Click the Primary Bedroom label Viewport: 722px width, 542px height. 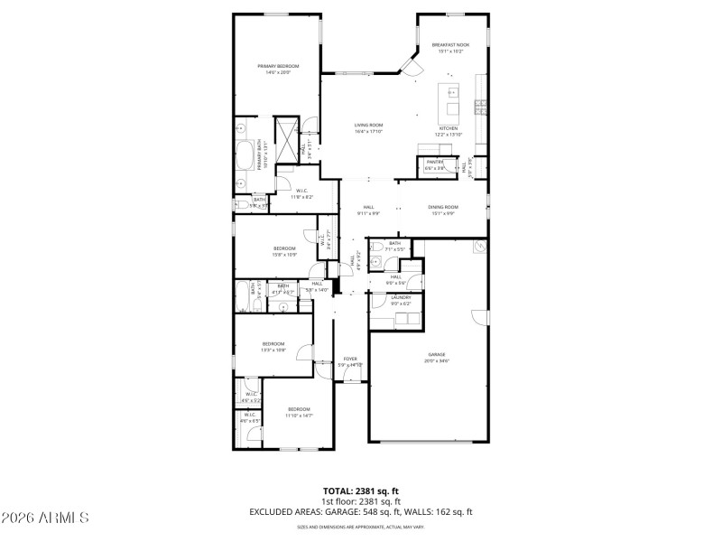pos(277,66)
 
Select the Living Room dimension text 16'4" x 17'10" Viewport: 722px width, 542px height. pos(368,132)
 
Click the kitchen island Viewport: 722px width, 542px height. pos(449,104)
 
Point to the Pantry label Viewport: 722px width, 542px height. pos(435,162)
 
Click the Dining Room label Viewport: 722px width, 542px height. pos(443,207)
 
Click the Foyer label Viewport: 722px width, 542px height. pos(350,359)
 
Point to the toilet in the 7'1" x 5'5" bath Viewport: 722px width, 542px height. pos(383,261)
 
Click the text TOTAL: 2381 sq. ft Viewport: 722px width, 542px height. pos(361,491)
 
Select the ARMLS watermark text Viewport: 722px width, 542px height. pos(45,518)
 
